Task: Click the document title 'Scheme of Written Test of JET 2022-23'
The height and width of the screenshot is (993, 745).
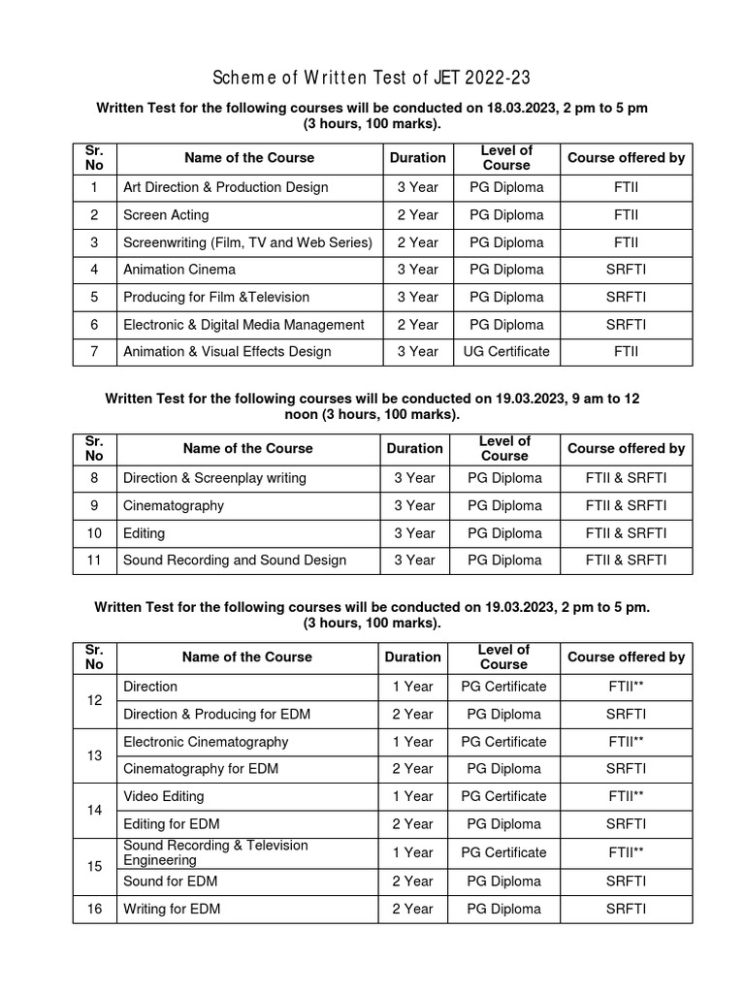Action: click(372, 78)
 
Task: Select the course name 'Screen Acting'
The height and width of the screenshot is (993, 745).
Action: click(165, 214)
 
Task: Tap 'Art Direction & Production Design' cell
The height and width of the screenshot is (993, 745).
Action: click(225, 187)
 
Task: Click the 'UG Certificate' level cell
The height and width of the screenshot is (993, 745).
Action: click(505, 352)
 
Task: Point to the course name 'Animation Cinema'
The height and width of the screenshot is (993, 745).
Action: click(178, 270)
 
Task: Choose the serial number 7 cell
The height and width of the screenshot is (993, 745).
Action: click(94, 352)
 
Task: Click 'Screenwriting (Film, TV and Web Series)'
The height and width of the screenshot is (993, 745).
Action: click(247, 242)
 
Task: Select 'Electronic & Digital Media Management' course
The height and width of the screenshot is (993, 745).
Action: click(243, 325)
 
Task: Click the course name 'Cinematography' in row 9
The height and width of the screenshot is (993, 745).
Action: click(173, 505)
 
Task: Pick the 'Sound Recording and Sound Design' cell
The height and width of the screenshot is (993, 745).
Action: click(234, 560)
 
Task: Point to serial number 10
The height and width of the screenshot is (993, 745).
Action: click(94, 533)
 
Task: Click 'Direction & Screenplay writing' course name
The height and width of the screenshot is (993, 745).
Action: click(214, 478)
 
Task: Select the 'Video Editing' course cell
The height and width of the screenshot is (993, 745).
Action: click(163, 796)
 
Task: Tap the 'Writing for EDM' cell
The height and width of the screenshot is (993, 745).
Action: click(171, 909)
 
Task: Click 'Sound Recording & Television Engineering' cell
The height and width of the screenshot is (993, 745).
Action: click(215, 852)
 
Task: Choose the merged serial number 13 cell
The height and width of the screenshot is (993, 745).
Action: click(94, 755)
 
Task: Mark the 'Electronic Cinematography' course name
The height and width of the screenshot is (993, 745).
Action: click(206, 742)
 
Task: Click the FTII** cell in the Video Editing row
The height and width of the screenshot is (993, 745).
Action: click(626, 796)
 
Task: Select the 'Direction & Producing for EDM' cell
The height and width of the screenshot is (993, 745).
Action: click(218, 715)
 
